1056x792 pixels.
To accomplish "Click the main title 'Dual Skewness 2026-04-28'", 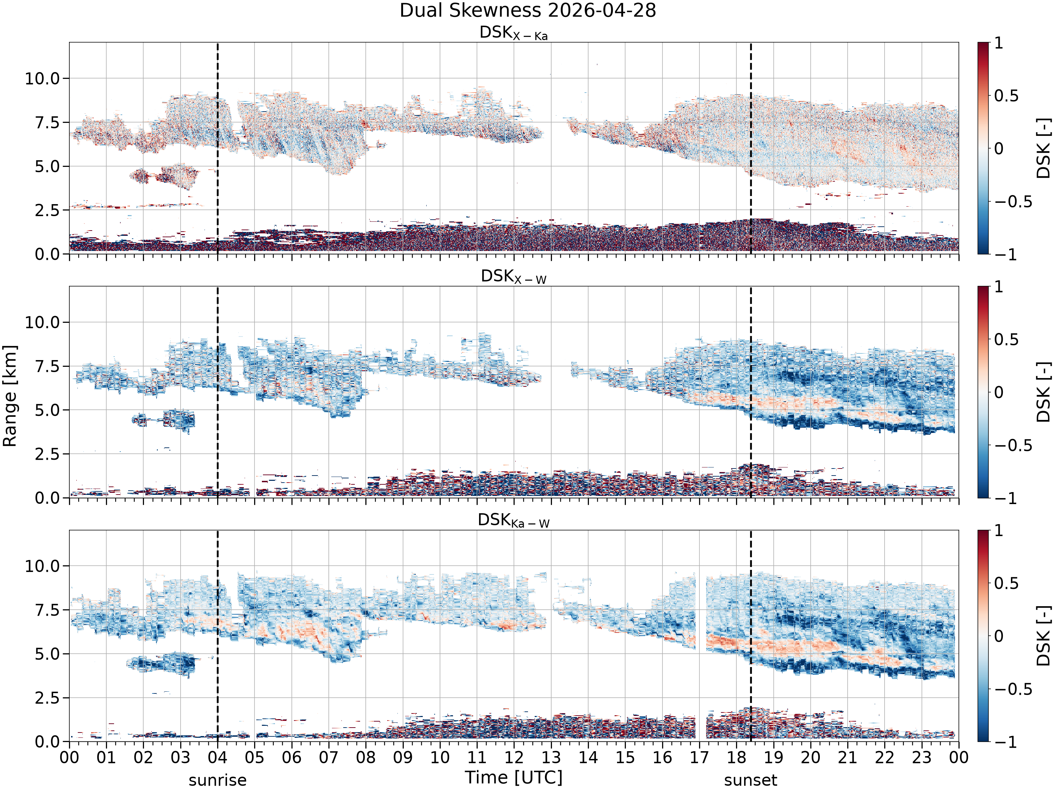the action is tap(528, 11).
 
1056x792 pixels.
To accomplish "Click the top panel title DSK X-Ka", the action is tap(513, 33).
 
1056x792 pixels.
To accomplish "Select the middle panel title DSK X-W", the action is tap(513, 276).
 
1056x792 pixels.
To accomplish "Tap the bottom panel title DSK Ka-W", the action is tap(513, 520).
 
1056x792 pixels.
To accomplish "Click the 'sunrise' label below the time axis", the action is tap(218, 780).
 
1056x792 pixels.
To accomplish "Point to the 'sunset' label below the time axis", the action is tap(750, 780).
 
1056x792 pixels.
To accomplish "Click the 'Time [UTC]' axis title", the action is tap(514, 778).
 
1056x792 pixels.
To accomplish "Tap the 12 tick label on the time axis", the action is tap(514, 758).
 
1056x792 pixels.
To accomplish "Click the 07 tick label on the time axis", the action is tap(328, 758).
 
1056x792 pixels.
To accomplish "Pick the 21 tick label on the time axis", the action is tap(847, 758).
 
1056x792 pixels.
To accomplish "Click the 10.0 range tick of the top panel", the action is tap(43, 78).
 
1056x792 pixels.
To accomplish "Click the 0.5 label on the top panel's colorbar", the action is tap(1006, 95).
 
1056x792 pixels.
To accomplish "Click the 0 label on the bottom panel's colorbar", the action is tap(999, 636).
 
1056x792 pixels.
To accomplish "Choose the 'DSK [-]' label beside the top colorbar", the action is tap(1044, 148).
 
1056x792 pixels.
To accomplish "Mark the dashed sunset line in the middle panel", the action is tap(751, 392).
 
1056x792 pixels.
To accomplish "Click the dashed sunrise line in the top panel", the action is tap(218, 148).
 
